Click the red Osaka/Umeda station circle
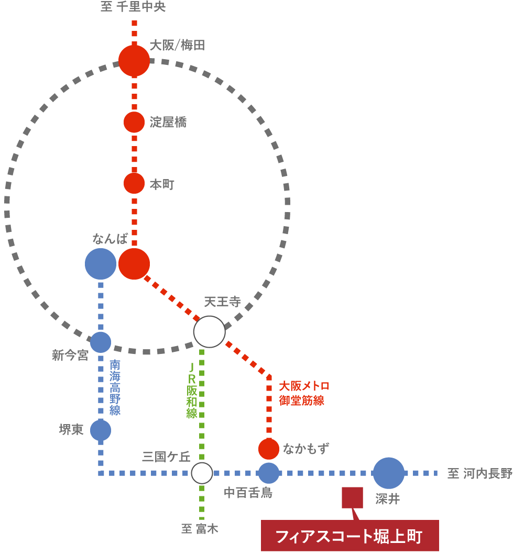pyautogui.click(x=134, y=61)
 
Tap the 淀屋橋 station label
pyautogui.click(x=168, y=123)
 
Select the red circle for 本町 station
pyautogui.click(x=134, y=183)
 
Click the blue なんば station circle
pyautogui.click(x=101, y=264)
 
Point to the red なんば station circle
pyautogui.click(x=134, y=264)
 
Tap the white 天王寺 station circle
pyautogui.click(x=210, y=331)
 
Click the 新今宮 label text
pyautogui.click(x=70, y=356)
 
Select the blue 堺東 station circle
pyautogui.click(x=101, y=430)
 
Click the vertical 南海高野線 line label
pyautogui.click(x=115, y=387)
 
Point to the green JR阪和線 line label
pyautogui.click(x=192, y=390)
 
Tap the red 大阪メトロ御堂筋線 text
pyautogui.click(x=304, y=393)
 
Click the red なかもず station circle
pyautogui.click(x=269, y=449)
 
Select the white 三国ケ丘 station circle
pyautogui.click(x=202, y=473)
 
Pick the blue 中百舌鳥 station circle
pyautogui.click(x=269, y=473)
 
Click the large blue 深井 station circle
pyautogui.click(x=389, y=473)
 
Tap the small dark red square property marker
pyautogui.click(x=352, y=497)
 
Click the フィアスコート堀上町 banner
pyautogui.click(x=350, y=536)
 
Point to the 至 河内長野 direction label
pyautogui.click(x=479, y=474)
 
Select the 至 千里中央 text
pyautogui.click(x=133, y=7)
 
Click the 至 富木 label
pyautogui.click(x=200, y=529)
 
